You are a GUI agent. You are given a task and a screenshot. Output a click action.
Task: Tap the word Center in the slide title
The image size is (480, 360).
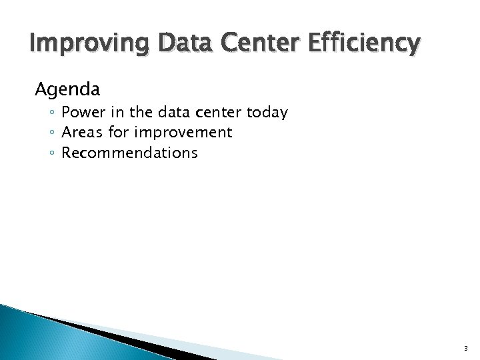[x=250, y=43]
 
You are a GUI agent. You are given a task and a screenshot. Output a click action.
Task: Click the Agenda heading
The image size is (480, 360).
[x=67, y=89]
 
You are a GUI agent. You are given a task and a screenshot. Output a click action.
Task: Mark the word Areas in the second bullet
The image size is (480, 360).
[x=81, y=132]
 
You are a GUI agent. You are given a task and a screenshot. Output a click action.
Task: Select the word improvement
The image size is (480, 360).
[x=183, y=133]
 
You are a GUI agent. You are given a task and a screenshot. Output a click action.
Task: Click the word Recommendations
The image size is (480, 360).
[x=129, y=153]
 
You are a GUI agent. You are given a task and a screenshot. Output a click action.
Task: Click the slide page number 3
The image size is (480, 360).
[x=466, y=348]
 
